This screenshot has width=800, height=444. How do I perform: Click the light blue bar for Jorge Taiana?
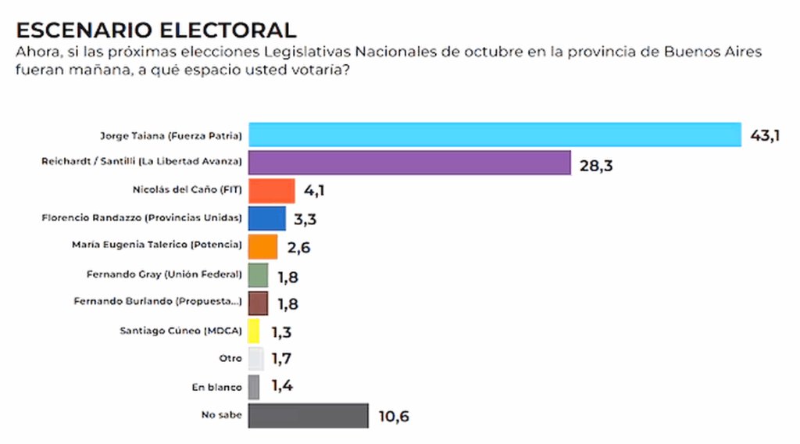coord(494,135)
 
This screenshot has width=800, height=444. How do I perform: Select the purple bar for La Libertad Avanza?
coord(409,163)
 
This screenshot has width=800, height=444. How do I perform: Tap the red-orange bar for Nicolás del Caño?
coord(271,191)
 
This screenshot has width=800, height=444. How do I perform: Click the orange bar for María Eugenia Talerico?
coord(262,246)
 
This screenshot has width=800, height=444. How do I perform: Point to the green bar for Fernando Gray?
coord(258,274)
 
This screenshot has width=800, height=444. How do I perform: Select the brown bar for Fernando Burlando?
coord(258,303)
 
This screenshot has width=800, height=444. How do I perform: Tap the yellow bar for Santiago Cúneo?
coord(254,331)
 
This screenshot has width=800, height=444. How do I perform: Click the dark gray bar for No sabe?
coord(308,415)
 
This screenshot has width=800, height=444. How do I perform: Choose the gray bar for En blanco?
coord(254,387)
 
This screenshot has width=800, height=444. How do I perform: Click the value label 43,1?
coord(765,138)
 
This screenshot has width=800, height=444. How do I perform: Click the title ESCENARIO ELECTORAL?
coord(156,30)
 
